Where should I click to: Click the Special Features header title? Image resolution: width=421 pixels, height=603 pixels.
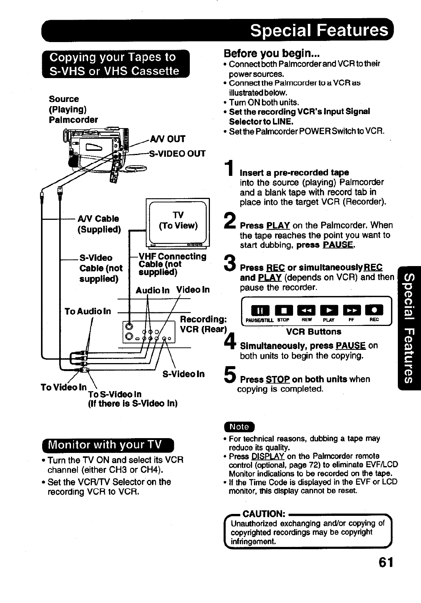coord(319,30)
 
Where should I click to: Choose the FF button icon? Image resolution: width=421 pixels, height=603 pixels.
coord(350,311)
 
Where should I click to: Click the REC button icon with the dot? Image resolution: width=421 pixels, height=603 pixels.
coord(373,311)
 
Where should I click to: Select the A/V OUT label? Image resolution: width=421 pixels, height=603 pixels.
coord(167,139)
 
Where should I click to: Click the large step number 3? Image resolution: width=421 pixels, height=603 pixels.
coord(230,264)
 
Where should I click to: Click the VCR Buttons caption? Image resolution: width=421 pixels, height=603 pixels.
coord(314,332)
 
